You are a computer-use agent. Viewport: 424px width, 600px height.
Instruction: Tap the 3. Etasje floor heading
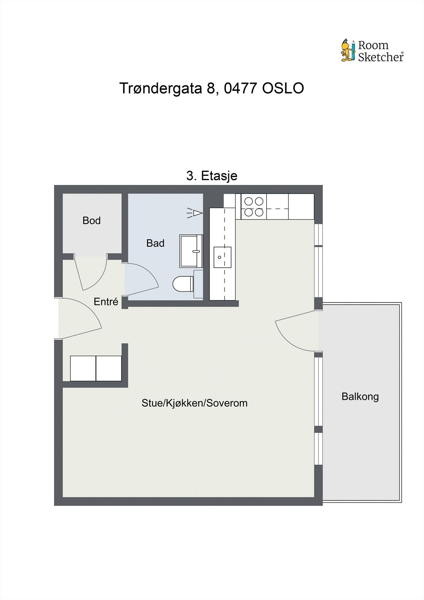click(x=212, y=175)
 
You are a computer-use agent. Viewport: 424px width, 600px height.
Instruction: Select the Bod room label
click(x=91, y=220)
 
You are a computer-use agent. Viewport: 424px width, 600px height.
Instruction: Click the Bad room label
click(x=155, y=243)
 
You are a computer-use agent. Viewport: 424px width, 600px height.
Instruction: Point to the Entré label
click(x=106, y=301)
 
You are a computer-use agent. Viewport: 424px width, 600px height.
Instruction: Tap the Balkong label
click(x=360, y=396)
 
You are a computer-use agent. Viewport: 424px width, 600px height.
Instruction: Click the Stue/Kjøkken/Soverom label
click(x=194, y=403)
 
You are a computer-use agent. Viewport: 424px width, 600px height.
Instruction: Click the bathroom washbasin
click(x=191, y=251)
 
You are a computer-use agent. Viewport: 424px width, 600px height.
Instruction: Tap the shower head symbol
click(x=195, y=213)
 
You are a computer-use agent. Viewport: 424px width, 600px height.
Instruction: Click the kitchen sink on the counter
click(x=222, y=257)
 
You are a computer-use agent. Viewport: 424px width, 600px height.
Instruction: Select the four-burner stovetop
click(x=254, y=207)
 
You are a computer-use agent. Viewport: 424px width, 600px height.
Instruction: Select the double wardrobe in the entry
click(x=96, y=368)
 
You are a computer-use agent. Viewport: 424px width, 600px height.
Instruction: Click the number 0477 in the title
click(x=241, y=88)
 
